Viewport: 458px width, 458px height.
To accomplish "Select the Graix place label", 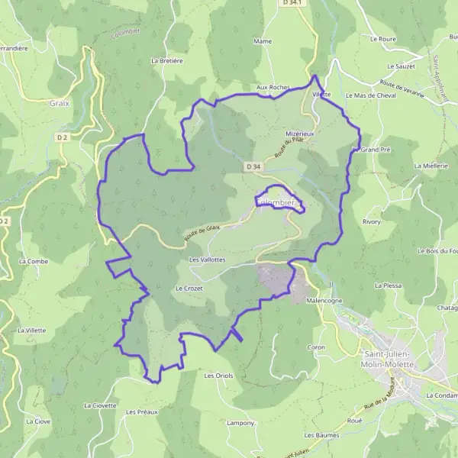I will click(x=59, y=102).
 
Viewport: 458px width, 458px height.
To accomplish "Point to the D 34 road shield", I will click(x=253, y=166).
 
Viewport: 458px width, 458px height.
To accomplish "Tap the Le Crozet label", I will click(x=188, y=289).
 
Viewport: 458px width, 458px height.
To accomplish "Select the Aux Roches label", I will click(x=273, y=88).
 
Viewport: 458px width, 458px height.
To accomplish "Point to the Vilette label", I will click(x=321, y=94).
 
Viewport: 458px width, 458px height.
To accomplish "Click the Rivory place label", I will click(x=372, y=221).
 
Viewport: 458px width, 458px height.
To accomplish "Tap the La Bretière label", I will click(x=167, y=60).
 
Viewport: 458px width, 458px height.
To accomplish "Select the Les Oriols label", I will click(x=218, y=376).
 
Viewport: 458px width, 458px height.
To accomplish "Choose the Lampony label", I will click(x=240, y=422).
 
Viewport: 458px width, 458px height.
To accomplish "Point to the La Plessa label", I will click(x=388, y=285).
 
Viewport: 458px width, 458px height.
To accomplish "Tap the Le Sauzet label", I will click(x=401, y=66).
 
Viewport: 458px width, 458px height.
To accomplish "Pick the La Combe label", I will click(x=34, y=261).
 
